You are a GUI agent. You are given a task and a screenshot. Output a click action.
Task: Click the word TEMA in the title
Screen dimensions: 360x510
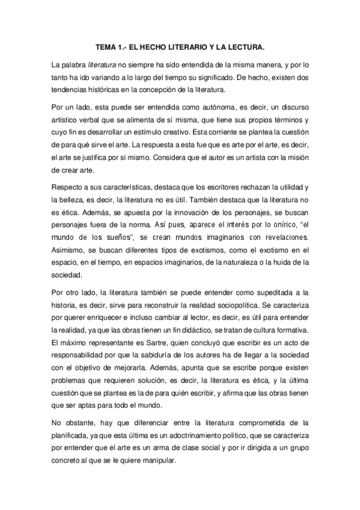point(108,46)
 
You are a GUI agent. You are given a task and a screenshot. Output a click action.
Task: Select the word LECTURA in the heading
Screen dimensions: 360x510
point(245,46)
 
